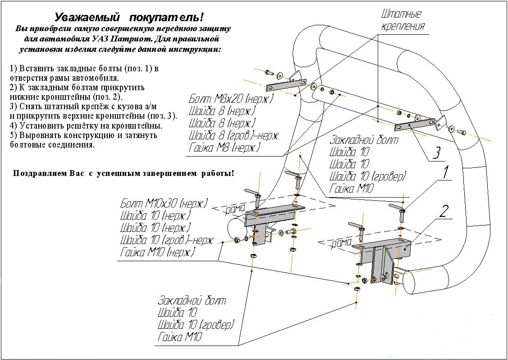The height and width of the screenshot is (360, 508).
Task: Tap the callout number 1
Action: click(x=445, y=172)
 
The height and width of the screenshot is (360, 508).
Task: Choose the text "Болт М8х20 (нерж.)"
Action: click(x=231, y=99)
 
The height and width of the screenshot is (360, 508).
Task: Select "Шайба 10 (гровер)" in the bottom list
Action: click(x=196, y=325)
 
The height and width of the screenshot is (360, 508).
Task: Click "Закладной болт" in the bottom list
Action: click(x=192, y=300)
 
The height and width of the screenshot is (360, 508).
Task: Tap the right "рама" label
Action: click(x=341, y=244)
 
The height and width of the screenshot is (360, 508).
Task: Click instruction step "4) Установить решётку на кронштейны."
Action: click(x=86, y=126)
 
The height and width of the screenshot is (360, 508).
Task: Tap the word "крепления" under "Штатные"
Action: click(x=403, y=26)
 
